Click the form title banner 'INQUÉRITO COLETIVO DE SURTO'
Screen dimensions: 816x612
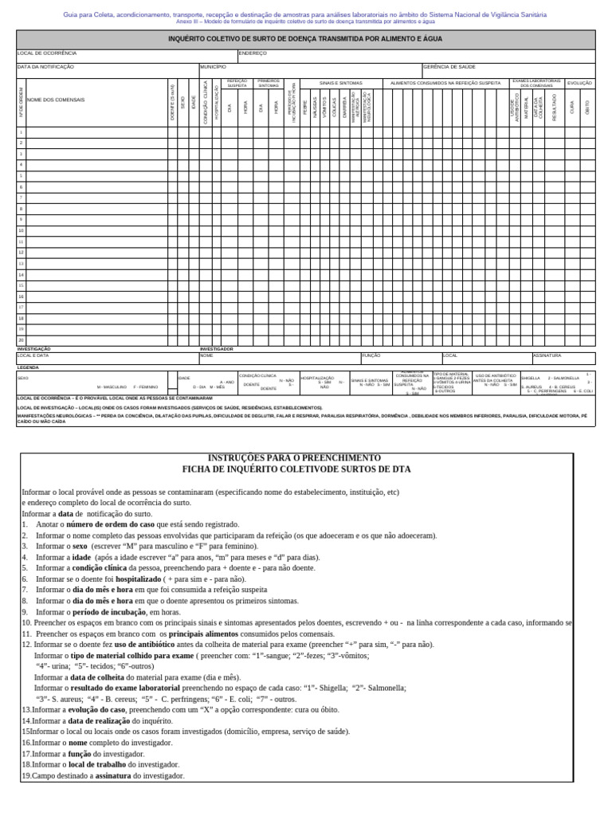pos(305,39)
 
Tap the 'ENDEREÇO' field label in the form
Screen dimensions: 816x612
pos(253,53)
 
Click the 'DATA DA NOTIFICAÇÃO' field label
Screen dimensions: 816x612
pos(45,67)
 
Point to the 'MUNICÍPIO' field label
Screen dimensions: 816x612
pos(214,67)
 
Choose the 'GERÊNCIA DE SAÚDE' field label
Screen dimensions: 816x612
pos(450,67)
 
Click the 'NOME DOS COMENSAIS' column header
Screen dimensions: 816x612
pos(55,100)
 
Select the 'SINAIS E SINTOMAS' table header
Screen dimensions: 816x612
pos(340,82)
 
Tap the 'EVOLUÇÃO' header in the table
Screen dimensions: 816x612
pos(579,82)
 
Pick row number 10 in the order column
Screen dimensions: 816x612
pos(22,230)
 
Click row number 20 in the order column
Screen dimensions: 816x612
pos(22,339)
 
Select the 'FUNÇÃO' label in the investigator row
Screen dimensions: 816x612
pos(372,355)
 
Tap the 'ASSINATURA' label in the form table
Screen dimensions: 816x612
pos(547,355)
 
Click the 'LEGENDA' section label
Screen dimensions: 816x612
pos(28,367)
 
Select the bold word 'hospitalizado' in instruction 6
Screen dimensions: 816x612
pos(128,579)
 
